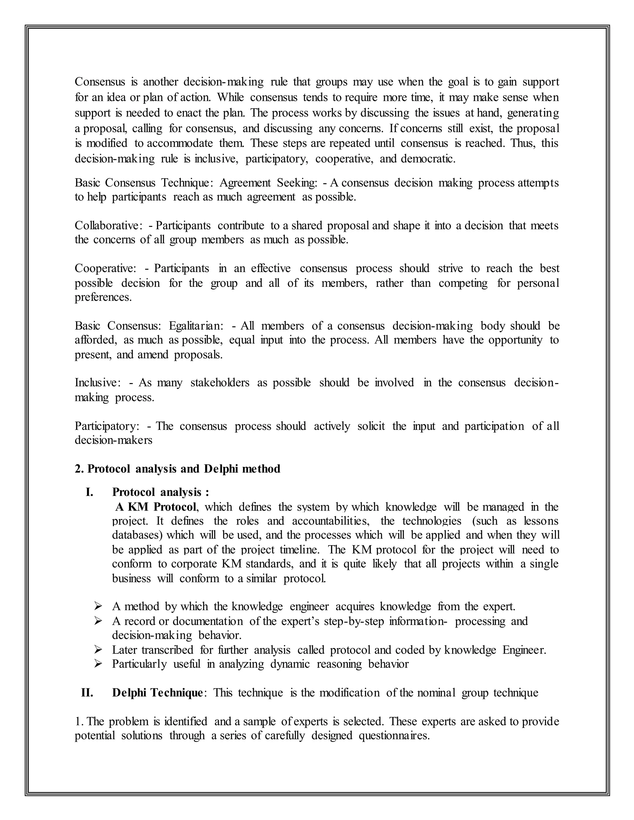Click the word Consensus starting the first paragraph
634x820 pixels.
point(100,82)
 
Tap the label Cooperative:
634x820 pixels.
point(105,269)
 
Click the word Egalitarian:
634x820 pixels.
point(196,326)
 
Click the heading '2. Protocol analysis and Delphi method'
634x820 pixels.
point(177,469)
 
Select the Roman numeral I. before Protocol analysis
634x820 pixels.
point(89,492)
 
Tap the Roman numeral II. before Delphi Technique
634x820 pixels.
point(87,693)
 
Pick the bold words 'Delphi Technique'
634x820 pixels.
point(157,693)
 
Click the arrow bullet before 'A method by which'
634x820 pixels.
point(98,606)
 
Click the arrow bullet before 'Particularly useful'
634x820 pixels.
point(98,664)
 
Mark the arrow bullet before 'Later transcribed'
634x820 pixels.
point(98,650)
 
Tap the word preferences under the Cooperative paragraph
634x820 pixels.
point(103,297)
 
